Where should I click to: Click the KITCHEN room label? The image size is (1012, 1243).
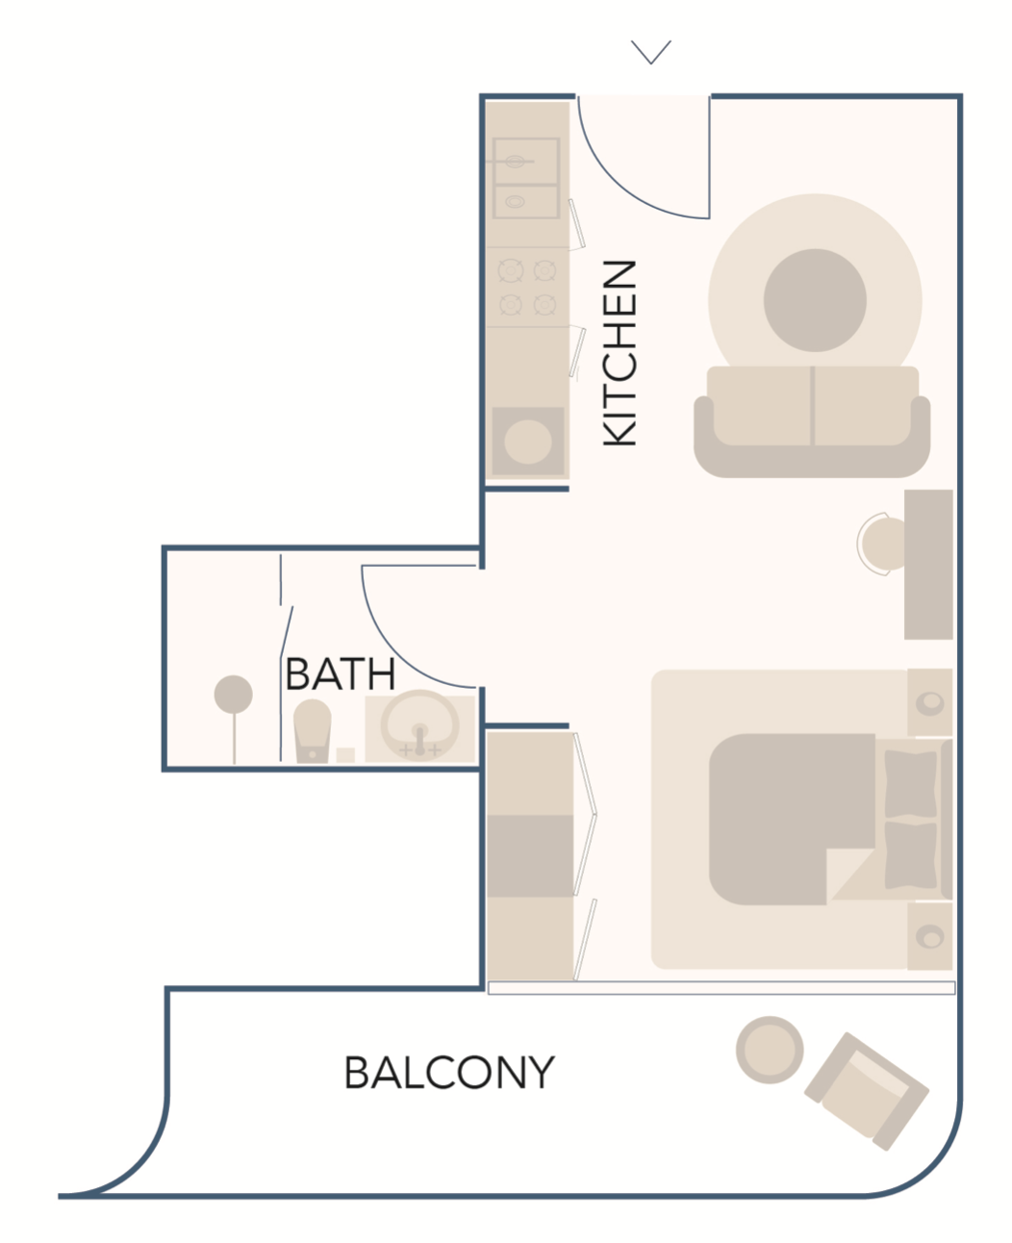click(620, 353)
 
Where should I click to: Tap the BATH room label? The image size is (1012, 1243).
click(340, 674)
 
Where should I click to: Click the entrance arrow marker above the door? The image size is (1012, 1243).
click(651, 52)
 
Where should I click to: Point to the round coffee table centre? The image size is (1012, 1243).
click(815, 300)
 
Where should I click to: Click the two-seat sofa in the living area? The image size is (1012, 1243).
click(812, 421)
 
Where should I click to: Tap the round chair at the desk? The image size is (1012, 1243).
click(882, 544)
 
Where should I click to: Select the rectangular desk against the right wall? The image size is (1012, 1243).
click(928, 565)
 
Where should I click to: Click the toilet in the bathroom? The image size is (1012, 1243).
click(312, 730)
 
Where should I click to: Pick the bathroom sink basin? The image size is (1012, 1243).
click(419, 727)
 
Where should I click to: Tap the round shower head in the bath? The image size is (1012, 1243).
click(234, 695)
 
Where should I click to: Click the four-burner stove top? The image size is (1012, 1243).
click(527, 287)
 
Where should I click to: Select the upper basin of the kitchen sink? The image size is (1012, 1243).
click(526, 162)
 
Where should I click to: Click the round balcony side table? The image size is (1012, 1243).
click(770, 1050)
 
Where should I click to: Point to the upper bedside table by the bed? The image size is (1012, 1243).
click(930, 702)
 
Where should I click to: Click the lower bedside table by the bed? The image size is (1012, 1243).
click(930, 937)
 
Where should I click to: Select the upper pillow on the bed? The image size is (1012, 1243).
click(910, 784)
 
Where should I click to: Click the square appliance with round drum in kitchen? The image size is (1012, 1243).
click(528, 442)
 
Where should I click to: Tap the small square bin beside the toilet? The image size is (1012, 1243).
click(345, 755)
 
